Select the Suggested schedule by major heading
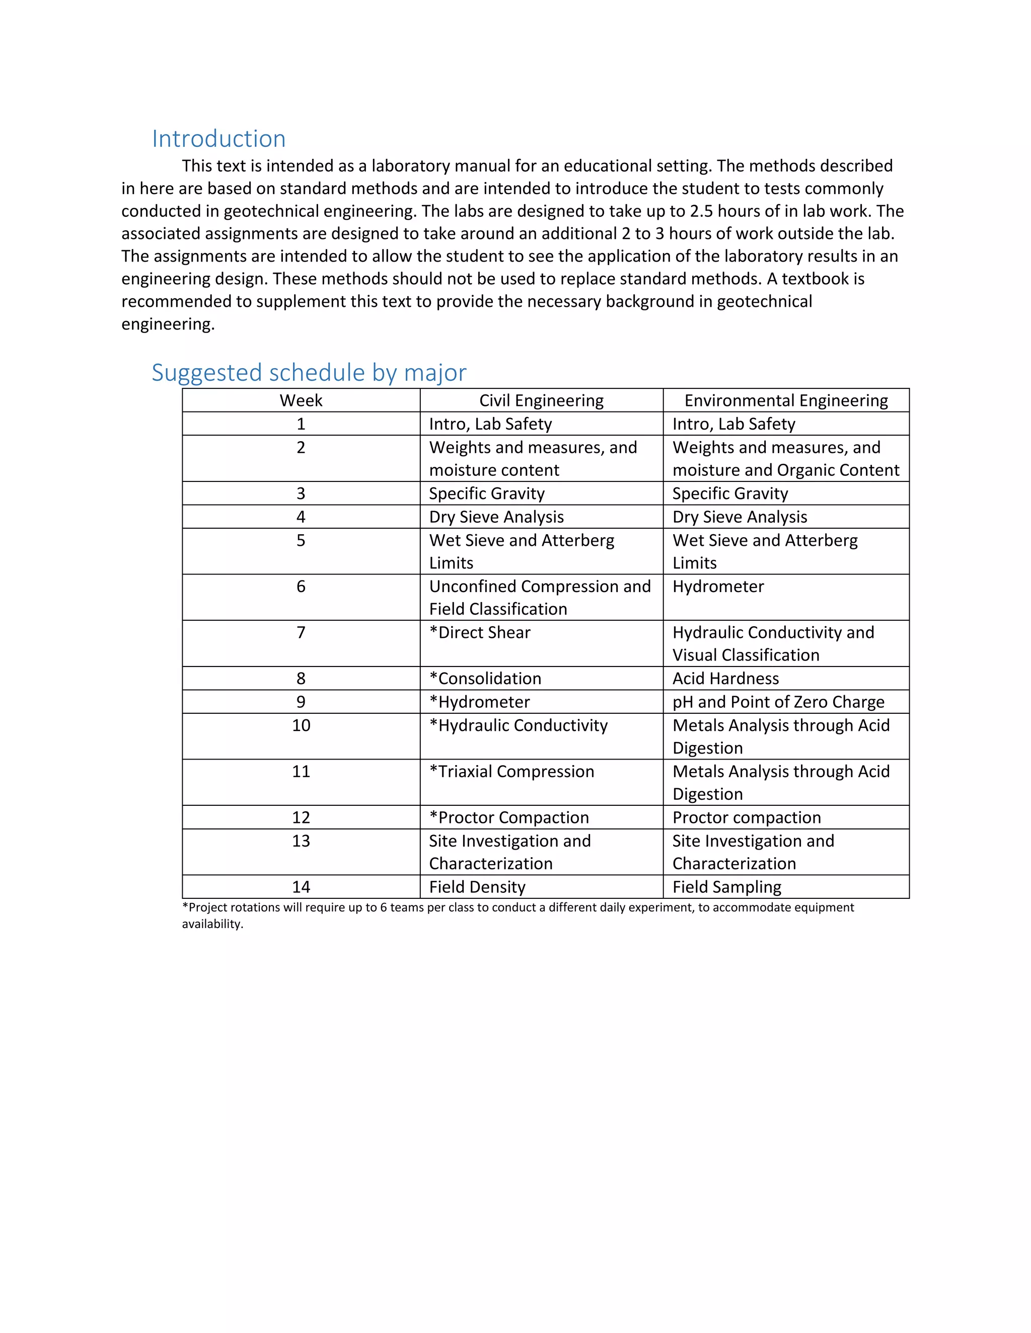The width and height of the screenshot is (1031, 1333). (309, 372)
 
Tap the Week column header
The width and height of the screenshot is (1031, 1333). (301, 400)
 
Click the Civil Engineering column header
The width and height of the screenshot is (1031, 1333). (541, 400)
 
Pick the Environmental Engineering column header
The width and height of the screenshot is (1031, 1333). (785, 400)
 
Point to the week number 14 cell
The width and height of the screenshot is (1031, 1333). (301, 887)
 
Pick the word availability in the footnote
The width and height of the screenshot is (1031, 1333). (212, 924)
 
